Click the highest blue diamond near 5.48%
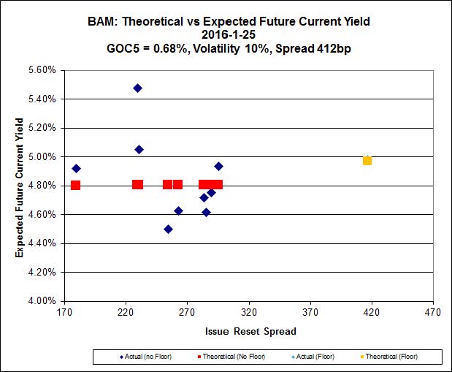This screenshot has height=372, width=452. point(137,88)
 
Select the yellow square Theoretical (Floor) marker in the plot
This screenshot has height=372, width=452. point(367,161)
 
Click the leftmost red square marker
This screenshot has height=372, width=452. point(75,185)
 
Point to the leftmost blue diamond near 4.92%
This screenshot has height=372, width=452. point(76,169)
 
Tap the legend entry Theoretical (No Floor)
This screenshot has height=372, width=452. point(234,357)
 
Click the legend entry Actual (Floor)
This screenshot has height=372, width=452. point(315,357)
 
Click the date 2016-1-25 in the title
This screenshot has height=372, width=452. point(226,34)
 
